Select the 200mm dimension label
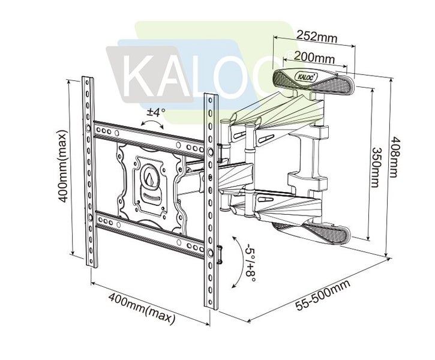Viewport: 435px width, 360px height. [x=315, y=58]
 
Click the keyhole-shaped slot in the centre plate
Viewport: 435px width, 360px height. [x=150, y=177]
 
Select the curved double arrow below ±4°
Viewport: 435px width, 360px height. [x=151, y=124]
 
